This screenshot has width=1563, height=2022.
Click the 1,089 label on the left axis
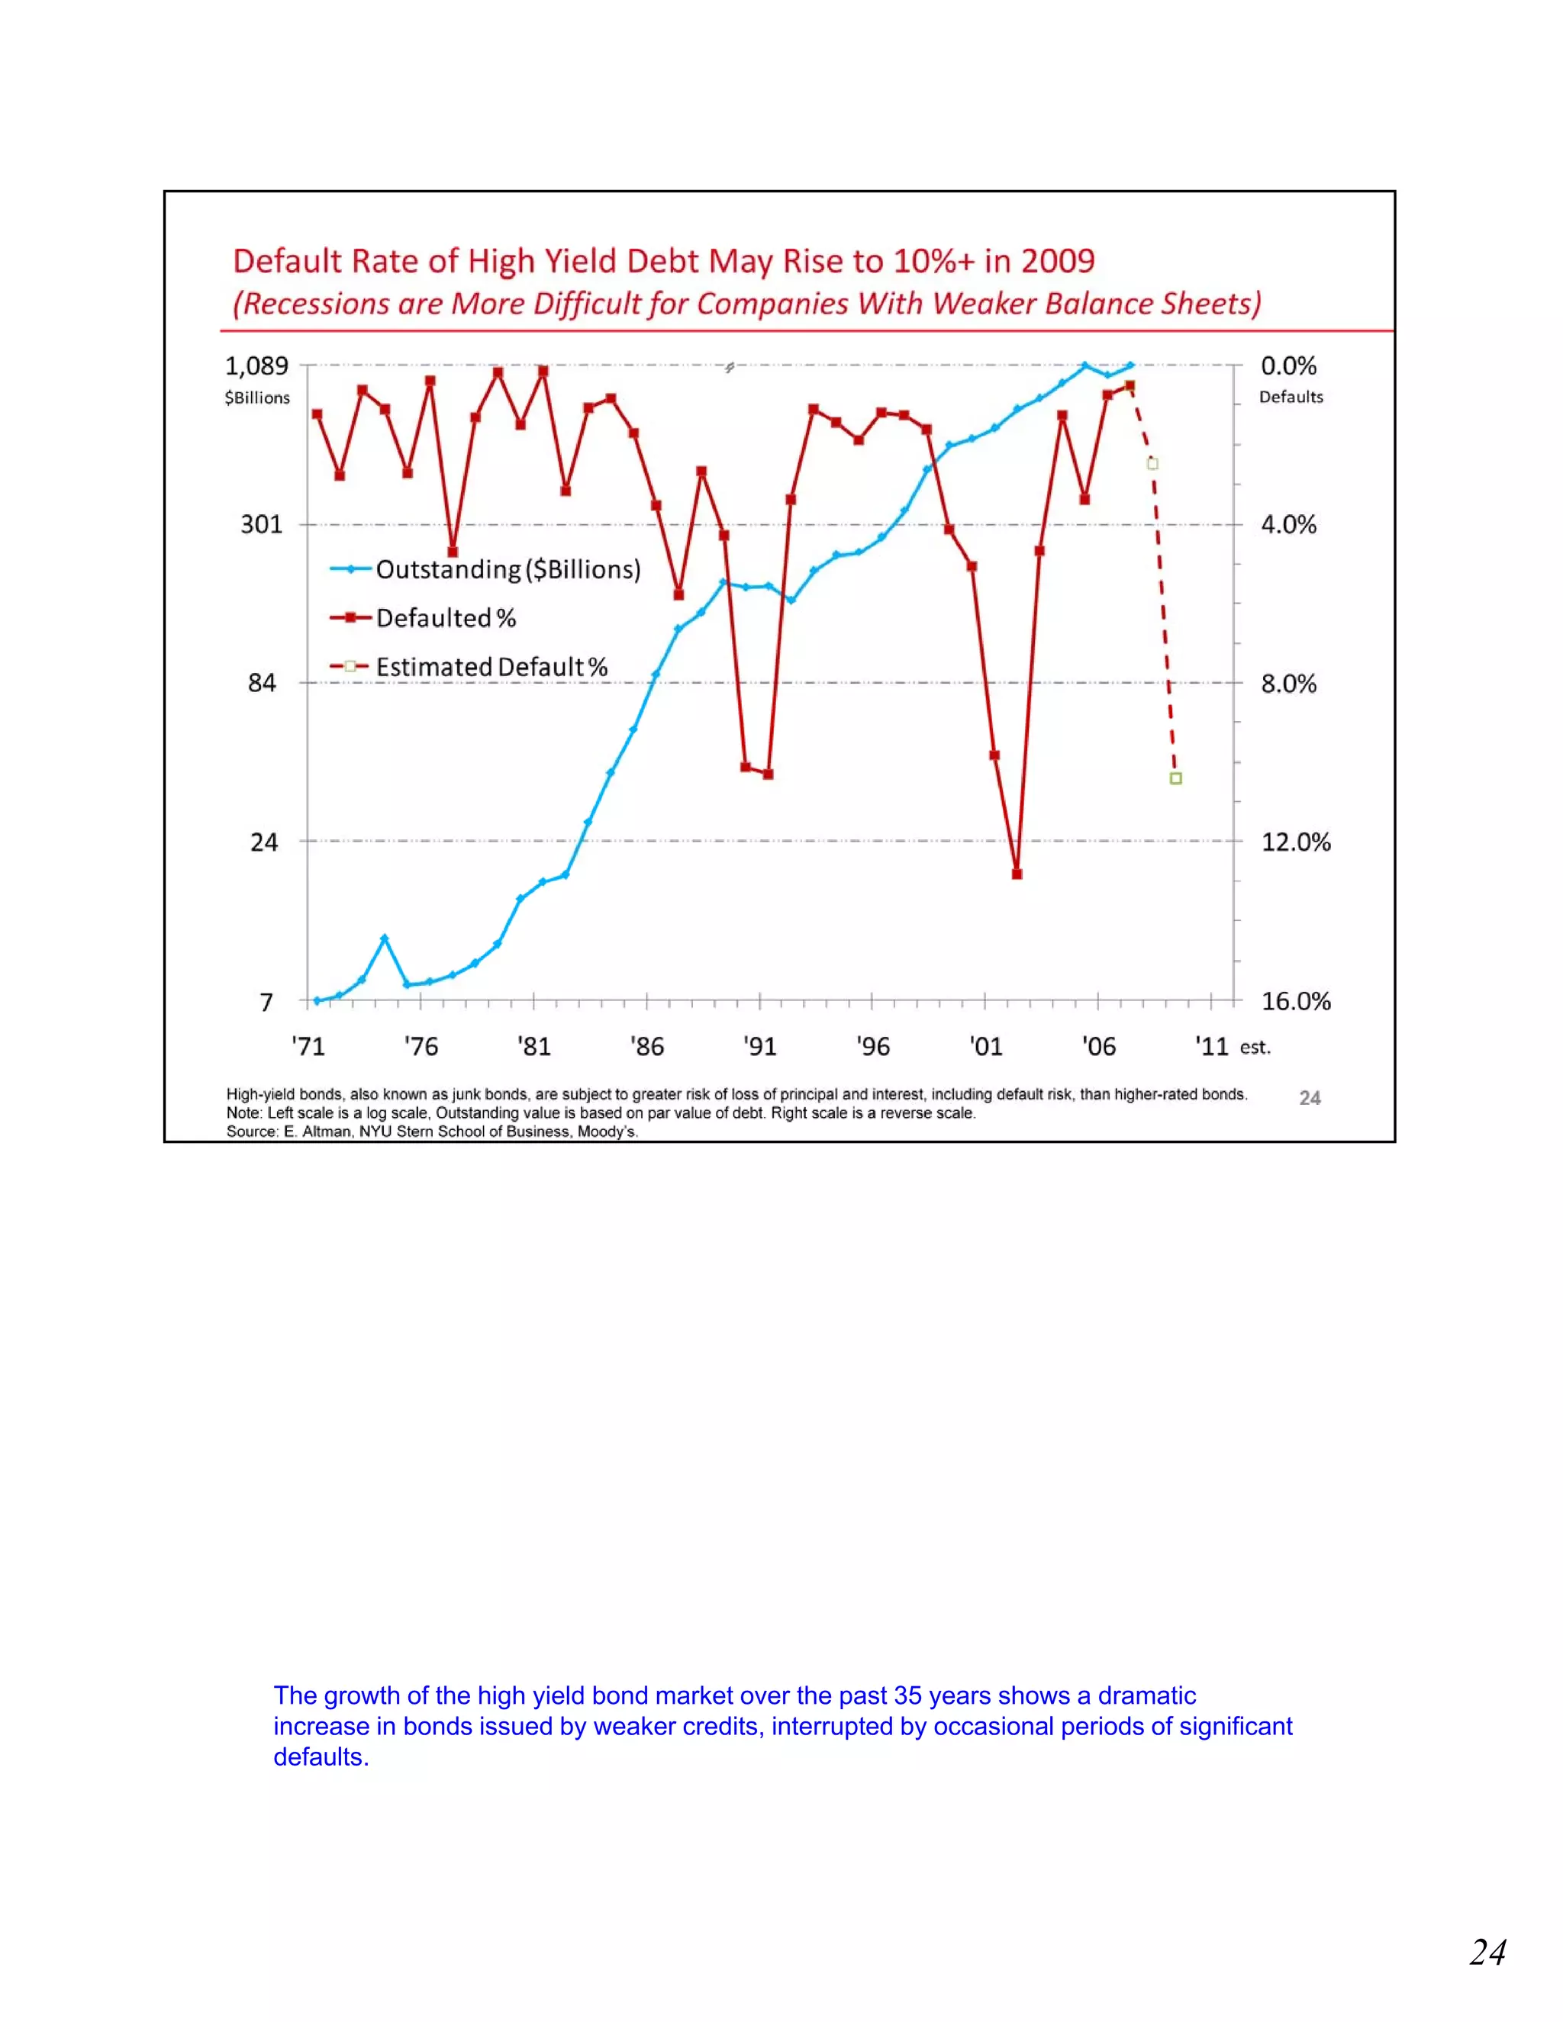pos(256,365)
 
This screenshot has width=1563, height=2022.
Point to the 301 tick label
pos(261,525)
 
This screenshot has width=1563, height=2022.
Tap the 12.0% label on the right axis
pos(1295,842)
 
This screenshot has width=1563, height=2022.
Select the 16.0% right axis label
pos(1295,1002)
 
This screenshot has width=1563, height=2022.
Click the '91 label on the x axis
pos(759,1047)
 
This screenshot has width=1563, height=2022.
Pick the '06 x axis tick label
pos(1098,1047)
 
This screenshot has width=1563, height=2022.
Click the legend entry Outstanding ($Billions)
pos(508,569)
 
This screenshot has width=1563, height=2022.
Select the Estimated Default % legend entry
pos(491,668)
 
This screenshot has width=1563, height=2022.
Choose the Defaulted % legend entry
pos(446,619)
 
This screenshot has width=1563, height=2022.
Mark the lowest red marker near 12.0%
pos(1017,874)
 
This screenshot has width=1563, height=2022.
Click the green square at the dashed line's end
pos(1175,778)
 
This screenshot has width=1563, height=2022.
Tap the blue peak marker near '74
pos(385,939)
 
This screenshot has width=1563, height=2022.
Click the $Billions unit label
pos(256,398)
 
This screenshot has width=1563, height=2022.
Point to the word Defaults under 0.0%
pos(1291,398)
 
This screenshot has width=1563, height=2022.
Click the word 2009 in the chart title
pos(1058,261)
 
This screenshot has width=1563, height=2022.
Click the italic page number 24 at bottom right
pos(1487,1953)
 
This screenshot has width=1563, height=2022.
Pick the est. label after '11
pos(1255,1048)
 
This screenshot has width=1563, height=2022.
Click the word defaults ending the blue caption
pos(320,1757)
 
